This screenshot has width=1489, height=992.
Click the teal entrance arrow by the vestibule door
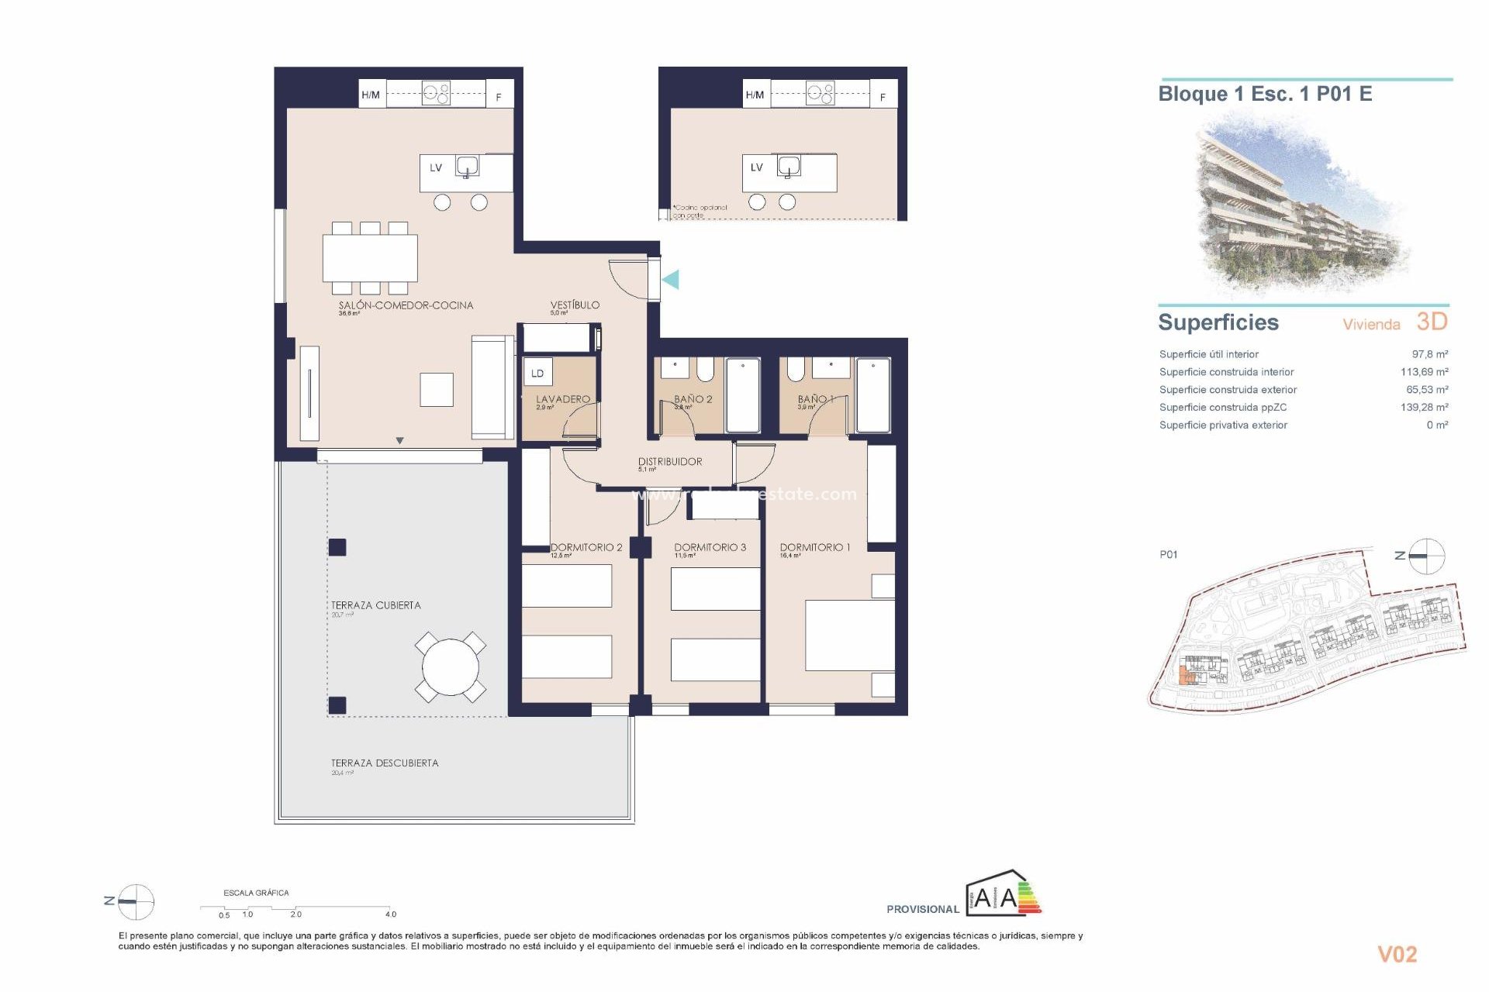(x=671, y=279)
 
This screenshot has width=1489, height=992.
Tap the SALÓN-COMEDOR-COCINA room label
(x=406, y=305)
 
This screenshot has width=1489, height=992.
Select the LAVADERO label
(x=563, y=399)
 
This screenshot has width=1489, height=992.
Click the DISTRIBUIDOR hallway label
(x=670, y=461)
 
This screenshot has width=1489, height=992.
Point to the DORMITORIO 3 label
(x=710, y=547)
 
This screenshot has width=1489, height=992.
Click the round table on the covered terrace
(x=451, y=666)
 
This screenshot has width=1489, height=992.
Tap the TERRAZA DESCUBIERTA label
(x=385, y=763)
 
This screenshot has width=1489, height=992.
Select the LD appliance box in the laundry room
(x=537, y=373)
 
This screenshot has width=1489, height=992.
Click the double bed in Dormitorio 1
(x=849, y=635)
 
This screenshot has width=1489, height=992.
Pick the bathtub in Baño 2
(x=743, y=395)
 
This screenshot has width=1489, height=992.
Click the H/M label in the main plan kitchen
(x=371, y=95)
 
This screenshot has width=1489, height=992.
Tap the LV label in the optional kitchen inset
(x=756, y=167)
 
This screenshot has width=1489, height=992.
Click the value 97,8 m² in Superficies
(x=1429, y=354)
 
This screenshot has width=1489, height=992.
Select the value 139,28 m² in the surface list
(x=1424, y=407)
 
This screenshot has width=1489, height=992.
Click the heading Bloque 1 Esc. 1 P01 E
(x=1265, y=95)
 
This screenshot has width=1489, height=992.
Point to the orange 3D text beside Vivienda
(x=1432, y=322)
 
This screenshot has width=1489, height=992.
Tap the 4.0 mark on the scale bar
(x=390, y=914)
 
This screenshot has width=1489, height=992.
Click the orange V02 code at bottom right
(x=1397, y=955)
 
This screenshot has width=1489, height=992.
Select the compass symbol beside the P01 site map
(x=1425, y=556)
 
